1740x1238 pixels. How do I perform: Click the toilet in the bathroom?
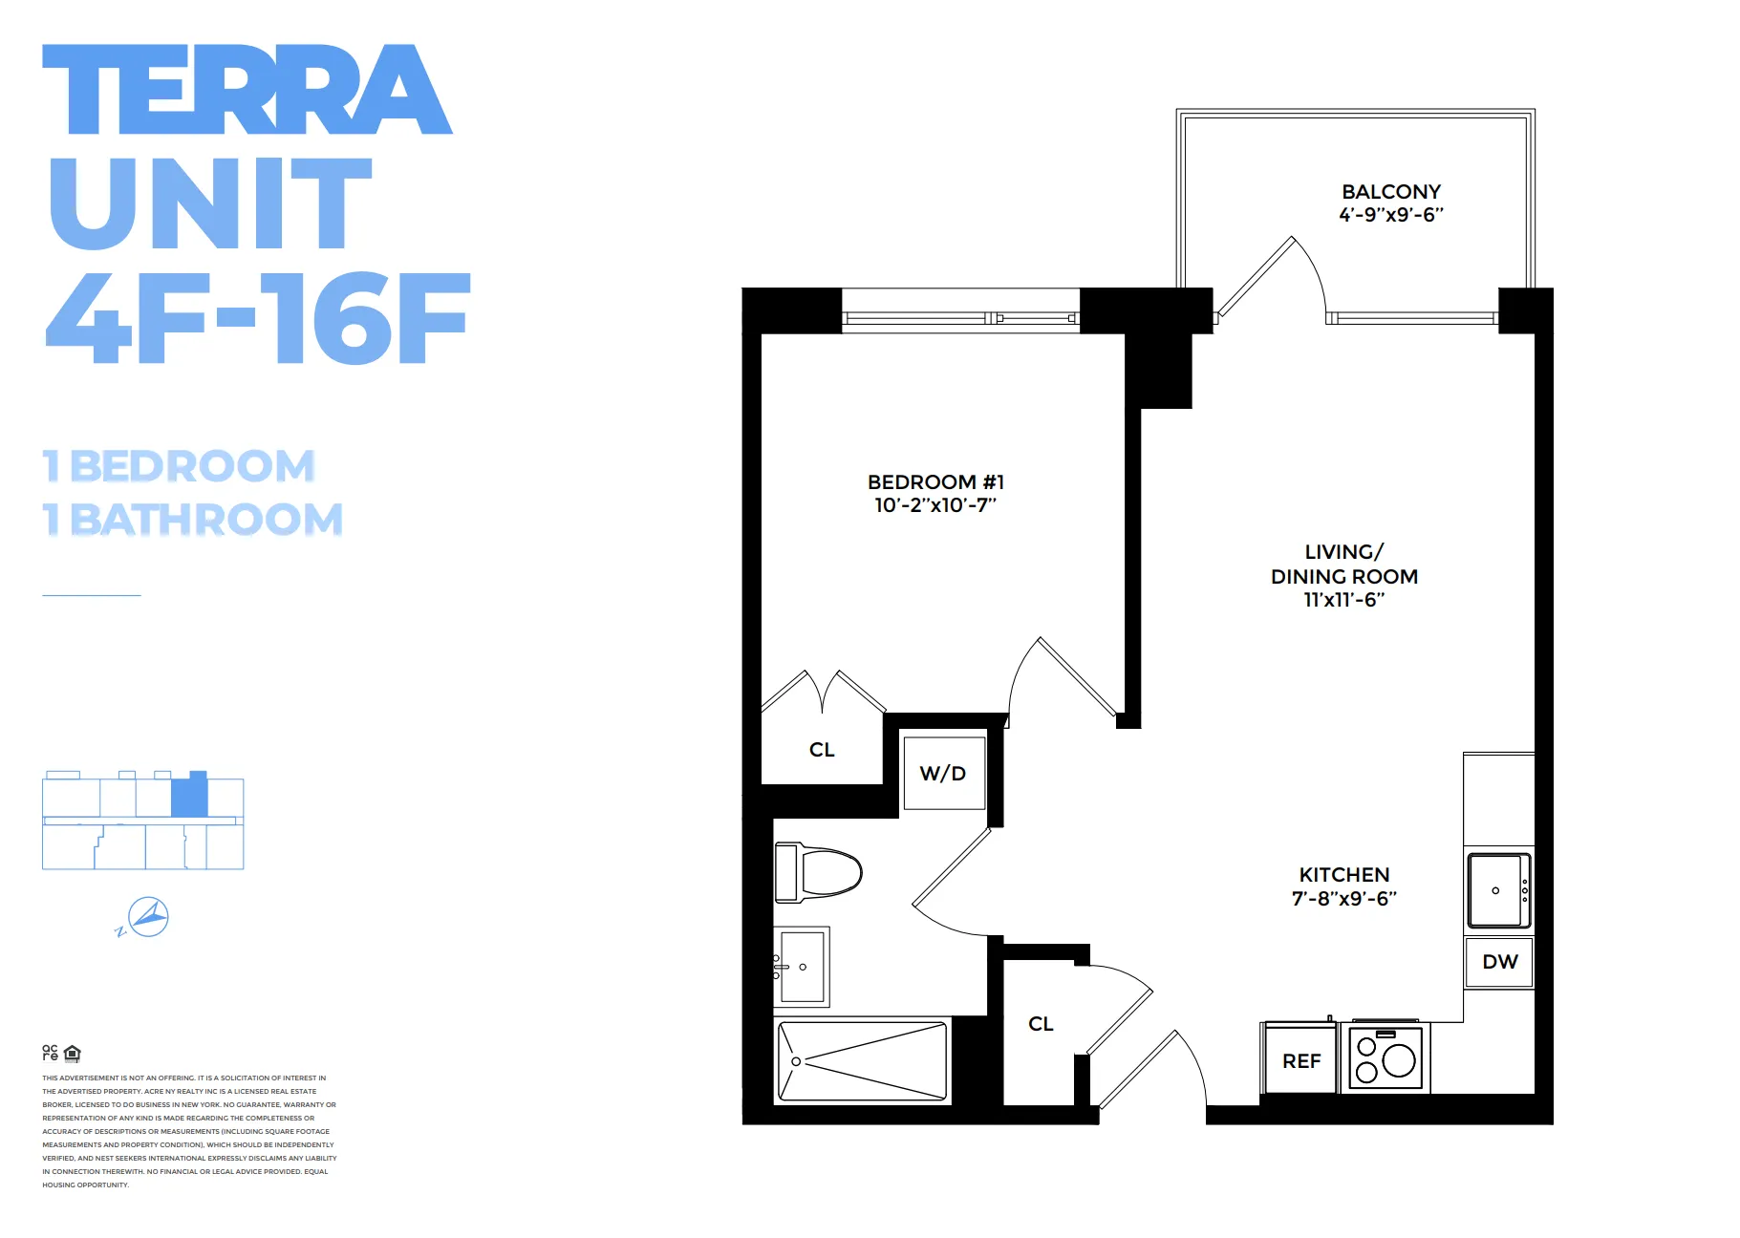[820, 872]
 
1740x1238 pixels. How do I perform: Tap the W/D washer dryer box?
[943, 774]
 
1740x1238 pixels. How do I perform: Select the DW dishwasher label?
[1499, 962]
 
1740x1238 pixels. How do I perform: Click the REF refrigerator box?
[1300, 1061]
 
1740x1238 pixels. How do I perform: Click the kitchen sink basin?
[1495, 890]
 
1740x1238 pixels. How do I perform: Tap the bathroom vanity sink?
[802, 967]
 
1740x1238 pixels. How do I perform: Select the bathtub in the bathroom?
[863, 1061]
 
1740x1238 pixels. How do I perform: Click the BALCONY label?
[1390, 192]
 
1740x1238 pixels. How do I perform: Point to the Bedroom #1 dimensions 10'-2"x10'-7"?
[934, 505]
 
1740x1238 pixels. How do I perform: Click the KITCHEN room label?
[1343, 875]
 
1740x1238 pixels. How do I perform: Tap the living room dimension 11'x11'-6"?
[1343, 600]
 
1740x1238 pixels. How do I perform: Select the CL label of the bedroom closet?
[822, 750]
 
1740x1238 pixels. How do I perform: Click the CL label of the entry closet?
[1041, 1024]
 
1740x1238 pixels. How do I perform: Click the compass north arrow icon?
[148, 918]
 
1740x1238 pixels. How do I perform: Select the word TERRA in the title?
[247, 90]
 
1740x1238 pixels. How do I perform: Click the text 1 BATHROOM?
[193, 521]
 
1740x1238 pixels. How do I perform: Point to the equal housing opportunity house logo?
[73, 1054]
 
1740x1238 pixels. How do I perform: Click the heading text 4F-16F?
[258, 318]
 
